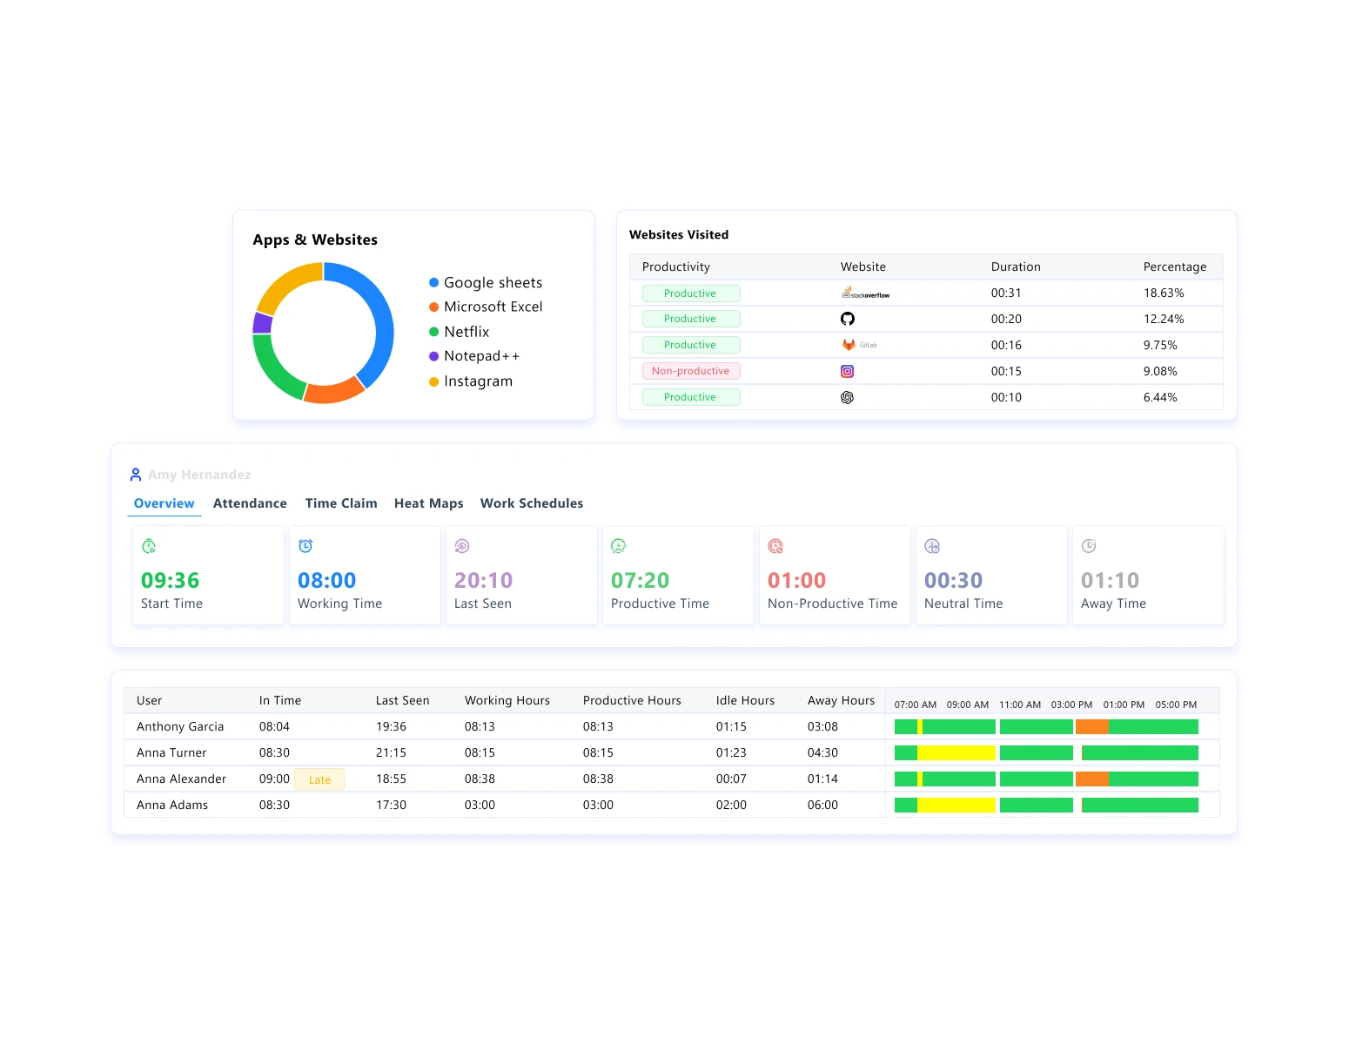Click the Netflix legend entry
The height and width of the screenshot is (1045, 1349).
pyautogui.click(x=466, y=332)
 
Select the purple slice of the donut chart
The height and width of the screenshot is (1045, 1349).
pyautogui.click(x=262, y=323)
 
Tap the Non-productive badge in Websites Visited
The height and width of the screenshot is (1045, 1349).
pyautogui.click(x=691, y=371)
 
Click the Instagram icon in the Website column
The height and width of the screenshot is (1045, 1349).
pyautogui.click(x=847, y=371)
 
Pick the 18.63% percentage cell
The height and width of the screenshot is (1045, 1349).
pyautogui.click(x=1164, y=293)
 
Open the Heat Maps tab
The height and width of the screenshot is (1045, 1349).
pyautogui.click(x=428, y=503)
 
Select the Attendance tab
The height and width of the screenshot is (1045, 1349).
pyautogui.click(x=250, y=503)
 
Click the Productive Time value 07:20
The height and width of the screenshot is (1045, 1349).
pyautogui.click(x=640, y=580)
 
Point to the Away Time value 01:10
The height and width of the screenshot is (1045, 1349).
pyautogui.click(x=1110, y=580)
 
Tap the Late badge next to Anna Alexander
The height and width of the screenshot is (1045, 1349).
pyautogui.click(x=319, y=779)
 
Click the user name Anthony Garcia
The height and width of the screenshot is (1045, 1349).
pyautogui.click(x=180, y=726)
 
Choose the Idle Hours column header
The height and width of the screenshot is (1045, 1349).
pyautogui.click(x=745, y=700)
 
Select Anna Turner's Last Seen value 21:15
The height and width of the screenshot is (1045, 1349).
pyautogui.click(x=391, y=752)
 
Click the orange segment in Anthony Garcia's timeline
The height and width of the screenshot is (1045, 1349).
pyautogui.click(x=1091, y=726)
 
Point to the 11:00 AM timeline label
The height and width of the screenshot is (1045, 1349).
pyautogui.click(x=1020, y=705)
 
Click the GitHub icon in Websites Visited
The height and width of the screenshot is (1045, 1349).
pyautogui.click(x=847, y=319)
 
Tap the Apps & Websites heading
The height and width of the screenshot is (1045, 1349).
pyautogui.click(x=315, y=239)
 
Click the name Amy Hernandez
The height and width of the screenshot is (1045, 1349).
pyautogui.click(x=199, y=475)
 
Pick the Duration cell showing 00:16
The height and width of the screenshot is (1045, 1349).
pyautogui.click(x=1006, y=345)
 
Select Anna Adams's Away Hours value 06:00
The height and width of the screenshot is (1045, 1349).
pyautogui.click(x=822, y=805)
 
